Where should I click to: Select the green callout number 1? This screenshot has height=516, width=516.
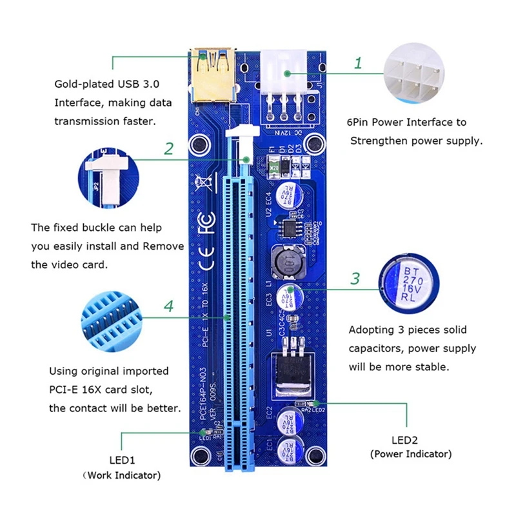click(x=358, y=64)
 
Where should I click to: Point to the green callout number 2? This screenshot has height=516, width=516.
click(x=168, y=149)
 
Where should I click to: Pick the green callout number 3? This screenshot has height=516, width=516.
click(x=355, y=279)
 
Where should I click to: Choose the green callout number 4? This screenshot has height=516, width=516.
click(x=168, y=306)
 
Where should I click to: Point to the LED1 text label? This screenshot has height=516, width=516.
click(x=122, y=462)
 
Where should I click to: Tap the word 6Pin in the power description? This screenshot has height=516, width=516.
click(x=363, y=122)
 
